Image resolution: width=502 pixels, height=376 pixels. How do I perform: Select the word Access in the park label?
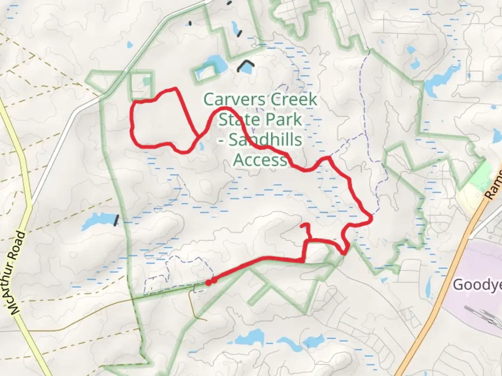click(x=260, y=160)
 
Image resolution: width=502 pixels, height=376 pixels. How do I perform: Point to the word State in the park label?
click(x=237, y=120)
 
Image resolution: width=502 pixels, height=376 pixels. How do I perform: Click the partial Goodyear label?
click(x=477, y=285)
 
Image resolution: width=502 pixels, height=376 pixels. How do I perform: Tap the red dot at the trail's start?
click(x=208, y=283)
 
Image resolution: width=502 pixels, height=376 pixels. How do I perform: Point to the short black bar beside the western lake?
click(x=116, y=220)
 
